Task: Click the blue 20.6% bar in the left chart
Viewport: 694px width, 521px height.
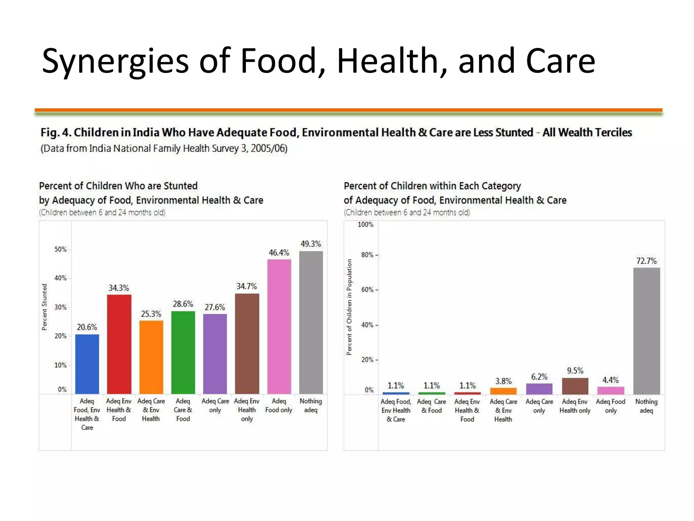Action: point(87,364)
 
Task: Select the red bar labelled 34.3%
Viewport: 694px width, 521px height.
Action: point(119,344)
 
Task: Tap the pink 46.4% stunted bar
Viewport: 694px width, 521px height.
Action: point(279,326)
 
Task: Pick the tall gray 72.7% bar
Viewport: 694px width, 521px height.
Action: point(646,331)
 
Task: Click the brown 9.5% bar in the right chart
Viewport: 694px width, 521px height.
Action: point(575,386)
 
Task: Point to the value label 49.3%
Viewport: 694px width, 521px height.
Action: point(310,244)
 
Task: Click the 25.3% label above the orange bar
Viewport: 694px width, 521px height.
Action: point(151,314)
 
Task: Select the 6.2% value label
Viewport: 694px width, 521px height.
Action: point(539,377)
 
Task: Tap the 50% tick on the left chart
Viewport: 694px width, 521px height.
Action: point(61,249)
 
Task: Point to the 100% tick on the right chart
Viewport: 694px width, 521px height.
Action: point(365,225)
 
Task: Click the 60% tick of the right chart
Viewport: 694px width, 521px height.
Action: point(367,290)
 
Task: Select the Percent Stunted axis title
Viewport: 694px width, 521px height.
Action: point(44,307)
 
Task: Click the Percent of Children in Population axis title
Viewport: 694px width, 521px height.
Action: point(349,307)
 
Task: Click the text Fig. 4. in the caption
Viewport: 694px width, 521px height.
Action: point(56,132)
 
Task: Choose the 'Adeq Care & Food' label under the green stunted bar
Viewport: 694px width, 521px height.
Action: point(183,410)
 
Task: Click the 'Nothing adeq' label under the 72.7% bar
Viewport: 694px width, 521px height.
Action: point(646,406)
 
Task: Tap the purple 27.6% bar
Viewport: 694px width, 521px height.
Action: point(215,354)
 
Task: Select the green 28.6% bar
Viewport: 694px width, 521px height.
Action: point(183,352)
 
